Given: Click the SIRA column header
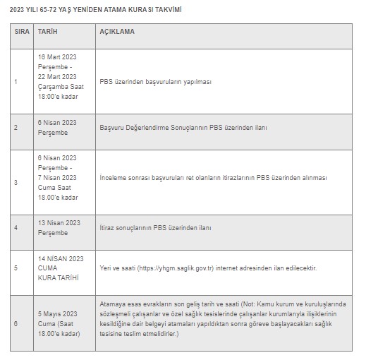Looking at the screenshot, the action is coord(21,32).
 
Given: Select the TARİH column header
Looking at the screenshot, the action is coord(49,32).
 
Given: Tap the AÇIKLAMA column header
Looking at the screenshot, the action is coord(117,32).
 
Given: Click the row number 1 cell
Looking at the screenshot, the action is coord(16,81).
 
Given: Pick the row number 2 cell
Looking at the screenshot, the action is coord(16,127).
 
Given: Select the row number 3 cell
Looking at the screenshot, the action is coord(16,182).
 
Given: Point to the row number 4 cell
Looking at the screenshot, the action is coord(16,227).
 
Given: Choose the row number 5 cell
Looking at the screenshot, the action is coord(16,268).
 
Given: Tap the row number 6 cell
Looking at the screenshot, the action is coord(16,323).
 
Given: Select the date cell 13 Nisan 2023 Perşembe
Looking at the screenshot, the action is coord(59,227).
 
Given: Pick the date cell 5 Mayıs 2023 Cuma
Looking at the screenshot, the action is coord(59,323).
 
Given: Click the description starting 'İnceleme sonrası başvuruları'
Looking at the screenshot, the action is coord(213,178).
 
